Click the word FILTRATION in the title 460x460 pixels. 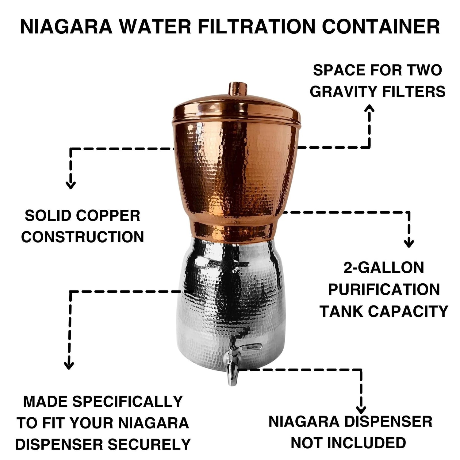(x=256, y=27)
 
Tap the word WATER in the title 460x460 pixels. (x=155, y=27)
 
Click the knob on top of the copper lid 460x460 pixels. (x=238, y=89)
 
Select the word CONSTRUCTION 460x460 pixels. (x=82, y=237)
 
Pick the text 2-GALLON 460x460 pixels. (x=384, y=268)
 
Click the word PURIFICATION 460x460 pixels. (x=384, y=289)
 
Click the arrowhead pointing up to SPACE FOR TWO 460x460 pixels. (x=369, y=109)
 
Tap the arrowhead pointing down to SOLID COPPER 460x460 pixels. (x=71, y=185)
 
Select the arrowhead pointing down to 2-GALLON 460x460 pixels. (x=409, y=243)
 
